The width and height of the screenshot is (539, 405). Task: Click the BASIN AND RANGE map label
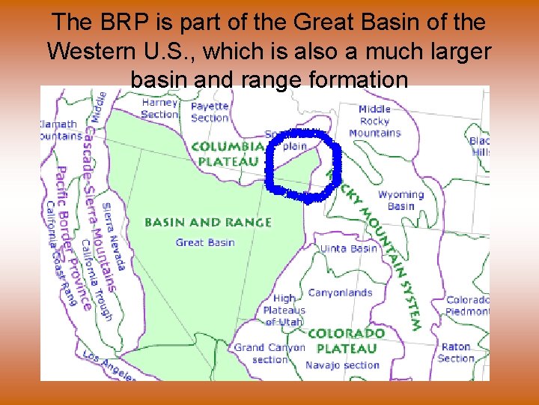(207, 223)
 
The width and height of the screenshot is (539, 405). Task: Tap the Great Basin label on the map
(205, 242)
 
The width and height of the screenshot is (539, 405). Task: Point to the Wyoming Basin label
(401, 200)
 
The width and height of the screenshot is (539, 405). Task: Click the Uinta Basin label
(348, 248)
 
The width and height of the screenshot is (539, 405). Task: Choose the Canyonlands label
(340, 293)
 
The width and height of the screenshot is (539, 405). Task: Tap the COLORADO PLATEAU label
(347, 340)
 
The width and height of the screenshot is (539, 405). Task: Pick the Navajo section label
(342, 365)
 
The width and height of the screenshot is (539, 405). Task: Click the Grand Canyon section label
(269, 353)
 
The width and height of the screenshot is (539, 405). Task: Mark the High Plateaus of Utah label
(284, 310)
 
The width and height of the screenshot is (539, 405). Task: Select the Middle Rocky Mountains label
(374, 121)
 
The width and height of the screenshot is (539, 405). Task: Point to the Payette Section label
(210, 112)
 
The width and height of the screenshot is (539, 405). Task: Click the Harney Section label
(159, 108)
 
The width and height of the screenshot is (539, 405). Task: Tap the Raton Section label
(456, 352)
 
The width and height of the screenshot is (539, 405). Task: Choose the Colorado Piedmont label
(468, 305)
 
